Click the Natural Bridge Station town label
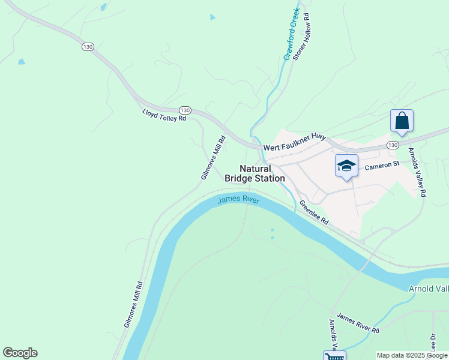255,173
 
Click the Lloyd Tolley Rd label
164,115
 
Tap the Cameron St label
382,164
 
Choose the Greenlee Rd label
314,212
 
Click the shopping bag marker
402,121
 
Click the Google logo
20,353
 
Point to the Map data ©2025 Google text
411,355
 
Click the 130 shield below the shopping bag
392,145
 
